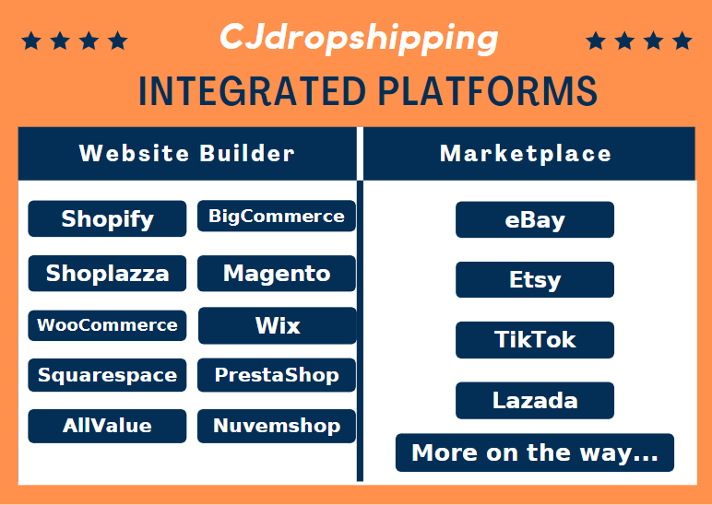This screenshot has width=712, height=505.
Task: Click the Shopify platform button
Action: (x=107, y=218)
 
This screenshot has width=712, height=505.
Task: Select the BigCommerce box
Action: (x=277, y=216)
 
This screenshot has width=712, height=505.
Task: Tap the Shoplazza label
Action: (x=107, y=273)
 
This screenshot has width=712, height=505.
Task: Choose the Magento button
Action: (x=277, y=273)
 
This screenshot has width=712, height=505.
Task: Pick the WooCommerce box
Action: (x=107, y=325)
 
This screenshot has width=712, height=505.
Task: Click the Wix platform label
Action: (x=278, y=325)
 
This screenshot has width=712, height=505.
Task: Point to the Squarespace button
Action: (x=107, y=375)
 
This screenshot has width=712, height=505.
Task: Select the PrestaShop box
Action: (x=277, y=375)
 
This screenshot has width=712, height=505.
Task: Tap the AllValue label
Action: (x=107, y=426)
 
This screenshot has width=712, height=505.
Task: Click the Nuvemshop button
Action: (x=277, y=426)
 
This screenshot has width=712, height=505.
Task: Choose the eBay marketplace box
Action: (x=535, y=219)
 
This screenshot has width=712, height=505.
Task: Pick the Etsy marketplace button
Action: (x=535, y=279)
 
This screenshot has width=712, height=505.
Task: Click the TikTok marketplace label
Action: (x=535, y=340)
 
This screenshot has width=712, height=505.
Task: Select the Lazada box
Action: (x=535, y=400)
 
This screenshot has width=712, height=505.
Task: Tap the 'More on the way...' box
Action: (x=535, y=452)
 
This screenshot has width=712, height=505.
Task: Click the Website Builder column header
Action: (x=187, y=153)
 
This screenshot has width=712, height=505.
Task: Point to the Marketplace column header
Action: (x=529, y=153)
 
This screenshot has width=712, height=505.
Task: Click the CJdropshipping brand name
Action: (x=359, y=40)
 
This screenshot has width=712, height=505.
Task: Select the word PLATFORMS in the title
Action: (x=488, y=91)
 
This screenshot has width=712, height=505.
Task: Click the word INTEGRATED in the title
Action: (x=252, y=91)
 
